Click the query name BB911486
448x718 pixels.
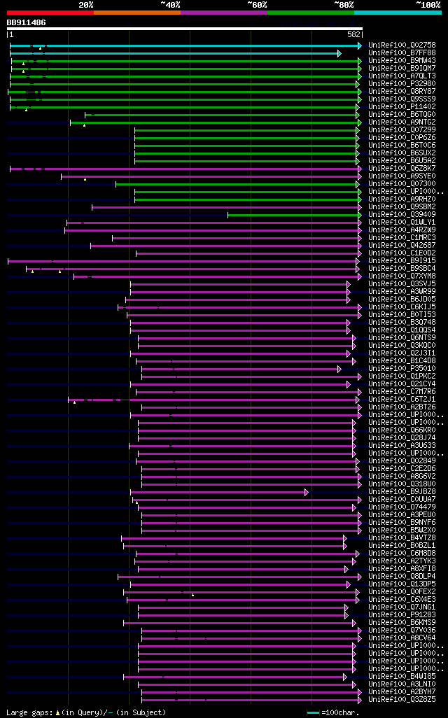pos(27,22)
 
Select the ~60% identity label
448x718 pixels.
pos(257,4)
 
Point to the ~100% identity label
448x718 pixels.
pos(428,4)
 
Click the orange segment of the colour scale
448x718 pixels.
pos(136,12)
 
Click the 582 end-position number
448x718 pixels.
pos(354,34)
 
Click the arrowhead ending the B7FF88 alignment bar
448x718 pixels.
pos(339,53)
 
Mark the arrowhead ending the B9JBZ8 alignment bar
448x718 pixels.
pos(306,492)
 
